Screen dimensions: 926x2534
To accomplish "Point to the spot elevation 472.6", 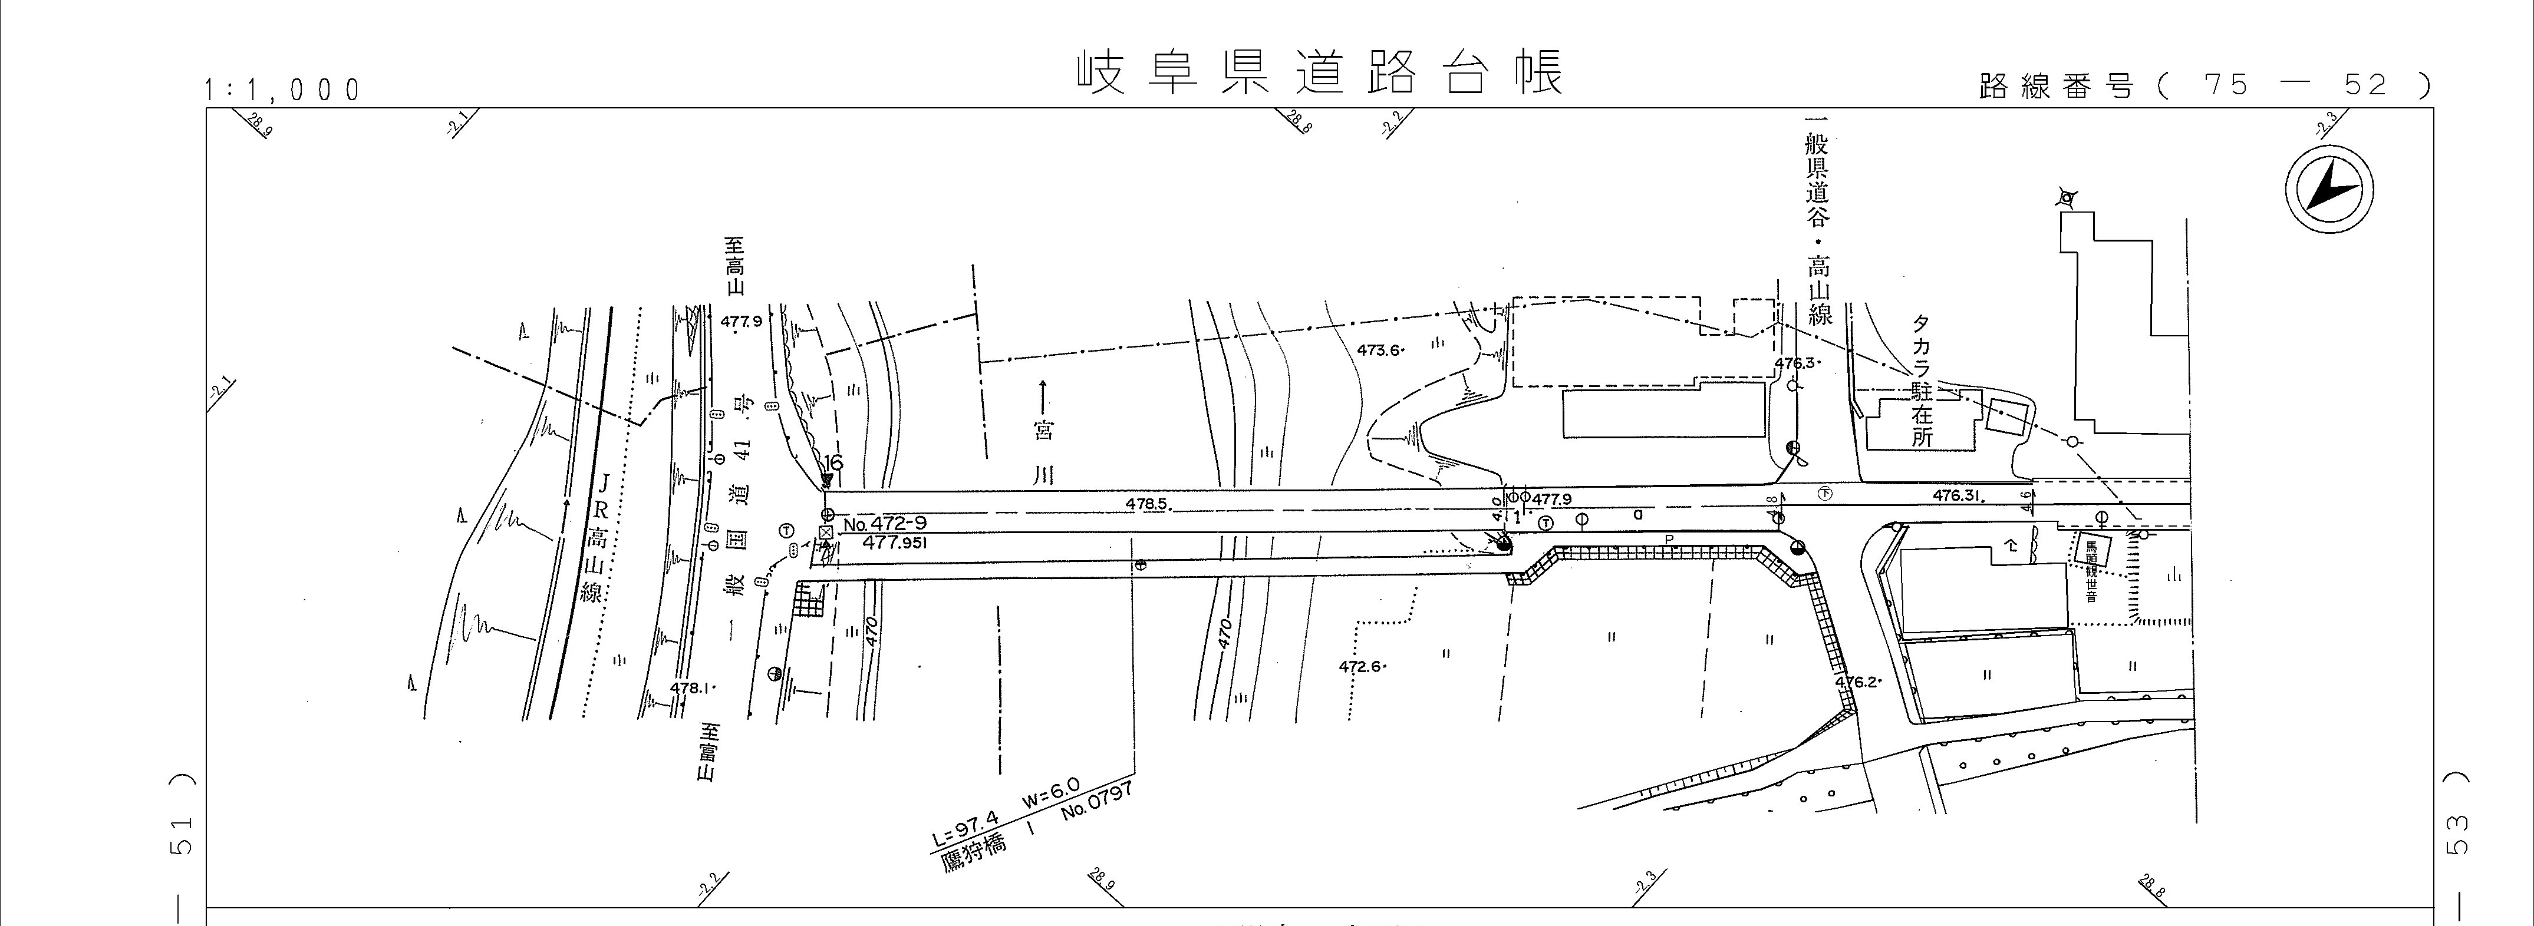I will (x=1362, y=666).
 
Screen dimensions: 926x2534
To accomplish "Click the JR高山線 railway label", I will (x=598, y=538).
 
